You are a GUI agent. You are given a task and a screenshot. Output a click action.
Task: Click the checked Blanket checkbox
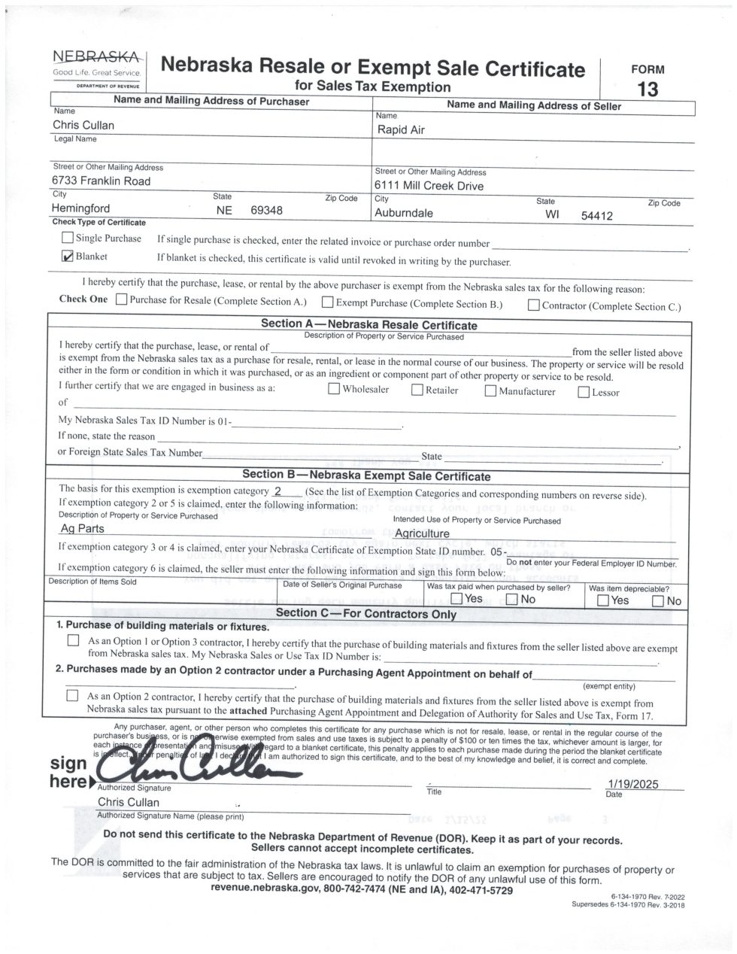click(x=68, y=257)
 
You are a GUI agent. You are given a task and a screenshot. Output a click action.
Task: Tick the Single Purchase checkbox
click(x=68, y=238)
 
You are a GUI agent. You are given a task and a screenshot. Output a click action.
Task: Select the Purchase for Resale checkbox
click(x=122, y=301)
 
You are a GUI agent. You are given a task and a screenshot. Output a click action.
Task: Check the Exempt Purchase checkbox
click(x=328, y=302)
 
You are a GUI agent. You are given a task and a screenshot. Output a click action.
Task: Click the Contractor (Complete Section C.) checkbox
click(x=533, y=305)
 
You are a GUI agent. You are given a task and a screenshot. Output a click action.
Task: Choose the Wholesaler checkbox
click(x=334, y=389)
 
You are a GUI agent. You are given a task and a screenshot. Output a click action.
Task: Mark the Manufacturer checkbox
click(x=490, y=390)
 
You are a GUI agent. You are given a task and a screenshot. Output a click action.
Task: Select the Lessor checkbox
click(x=584, y=392)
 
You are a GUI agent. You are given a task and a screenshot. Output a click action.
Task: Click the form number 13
click(x=647, y=90)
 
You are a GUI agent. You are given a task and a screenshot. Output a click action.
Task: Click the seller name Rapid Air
click(x=401, y=130)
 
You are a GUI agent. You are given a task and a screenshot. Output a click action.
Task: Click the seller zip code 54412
click(x=597, y=216)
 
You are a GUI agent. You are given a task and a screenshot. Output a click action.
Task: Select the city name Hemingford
click(x=81, y=208)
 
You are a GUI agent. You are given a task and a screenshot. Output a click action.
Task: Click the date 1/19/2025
click(x=632, y=784)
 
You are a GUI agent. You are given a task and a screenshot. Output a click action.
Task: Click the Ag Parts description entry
click(x=82, y=528)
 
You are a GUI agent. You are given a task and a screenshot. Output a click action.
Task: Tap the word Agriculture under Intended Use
click(x=422, y=533)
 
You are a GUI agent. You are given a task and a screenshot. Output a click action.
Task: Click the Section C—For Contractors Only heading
click(x=366, y=613)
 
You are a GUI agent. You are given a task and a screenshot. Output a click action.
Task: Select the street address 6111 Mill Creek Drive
click(x=429, y=186)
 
